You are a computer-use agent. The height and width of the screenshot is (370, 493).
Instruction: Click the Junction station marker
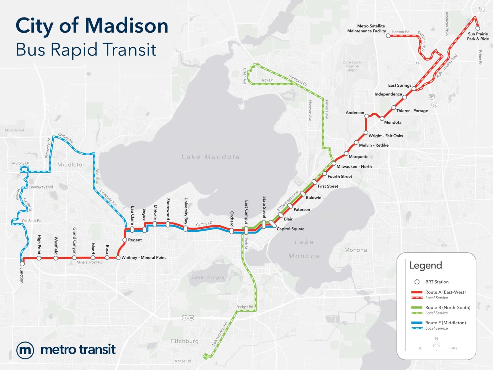pyautogui.click(x=22, y=263)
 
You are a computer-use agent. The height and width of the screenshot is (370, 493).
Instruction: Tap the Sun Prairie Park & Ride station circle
pyautogui.click(x=478, y=28)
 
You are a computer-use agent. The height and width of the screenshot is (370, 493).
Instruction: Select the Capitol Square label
pyautogui.click(x=290, y=229)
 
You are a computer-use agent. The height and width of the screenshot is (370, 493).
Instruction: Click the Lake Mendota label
pyautogui.click(x=210, y=157)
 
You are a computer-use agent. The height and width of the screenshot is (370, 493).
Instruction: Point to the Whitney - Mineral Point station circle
pyautogui.click(x=118, y=258)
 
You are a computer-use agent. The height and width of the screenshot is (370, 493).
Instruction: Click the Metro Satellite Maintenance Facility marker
pyautogui.click(x=388, y=36)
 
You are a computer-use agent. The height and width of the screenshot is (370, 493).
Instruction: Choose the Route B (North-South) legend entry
pyautogui.click(x=447, y=307)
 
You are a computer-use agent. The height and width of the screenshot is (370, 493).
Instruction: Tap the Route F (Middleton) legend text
pyautogui.click(x=445, y=323)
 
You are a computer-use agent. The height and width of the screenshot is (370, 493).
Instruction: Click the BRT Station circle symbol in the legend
pyautogui.click(x=417, y=282)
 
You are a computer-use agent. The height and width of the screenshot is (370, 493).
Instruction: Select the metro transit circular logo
pyautogui.click(x=25, y=350)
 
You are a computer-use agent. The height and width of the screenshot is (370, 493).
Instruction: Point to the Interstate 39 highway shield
pyautogui.click(x=417, y=62)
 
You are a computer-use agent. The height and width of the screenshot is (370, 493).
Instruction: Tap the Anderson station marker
pyautogui.click(x=367, y=116)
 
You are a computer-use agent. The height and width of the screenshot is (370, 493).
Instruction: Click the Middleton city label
pyautogui.click(x=71, y=165)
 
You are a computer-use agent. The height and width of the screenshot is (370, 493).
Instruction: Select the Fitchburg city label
pyautogui.click(x=185, y=341)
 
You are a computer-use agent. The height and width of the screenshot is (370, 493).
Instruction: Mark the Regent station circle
pyautogui.click(x=125, y=240)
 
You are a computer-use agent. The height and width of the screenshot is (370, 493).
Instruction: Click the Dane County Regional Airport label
pyautogui.click(x=352, y=66)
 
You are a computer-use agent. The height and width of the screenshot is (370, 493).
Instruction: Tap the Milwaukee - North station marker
pyautogui.click(x=334, y=163)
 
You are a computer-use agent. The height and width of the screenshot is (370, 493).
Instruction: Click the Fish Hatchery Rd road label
pyautogui.click(x=220, y=334)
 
